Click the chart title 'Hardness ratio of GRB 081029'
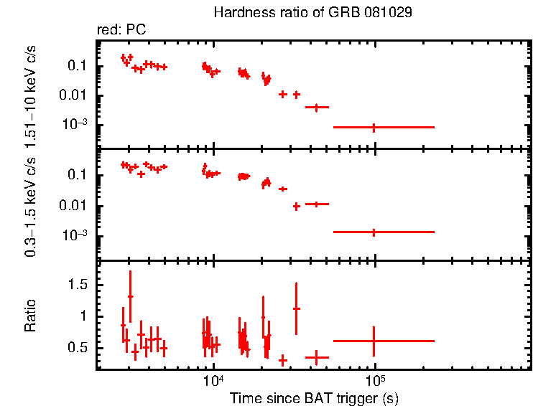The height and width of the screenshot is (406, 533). click(313, 14)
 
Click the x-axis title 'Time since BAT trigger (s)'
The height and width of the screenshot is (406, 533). click(313, 397)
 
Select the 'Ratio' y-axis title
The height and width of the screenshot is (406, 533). click(31, 316)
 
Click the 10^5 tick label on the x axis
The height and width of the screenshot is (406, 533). click(375, 380)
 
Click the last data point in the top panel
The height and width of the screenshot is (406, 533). click(374, 127)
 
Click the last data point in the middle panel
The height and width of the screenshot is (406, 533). click(374, 232)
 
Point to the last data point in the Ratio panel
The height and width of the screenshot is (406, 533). click(374, 341)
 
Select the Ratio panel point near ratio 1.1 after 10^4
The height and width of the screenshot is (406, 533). click(296, 308)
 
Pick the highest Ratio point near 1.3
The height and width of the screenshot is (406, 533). click(130, 296)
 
